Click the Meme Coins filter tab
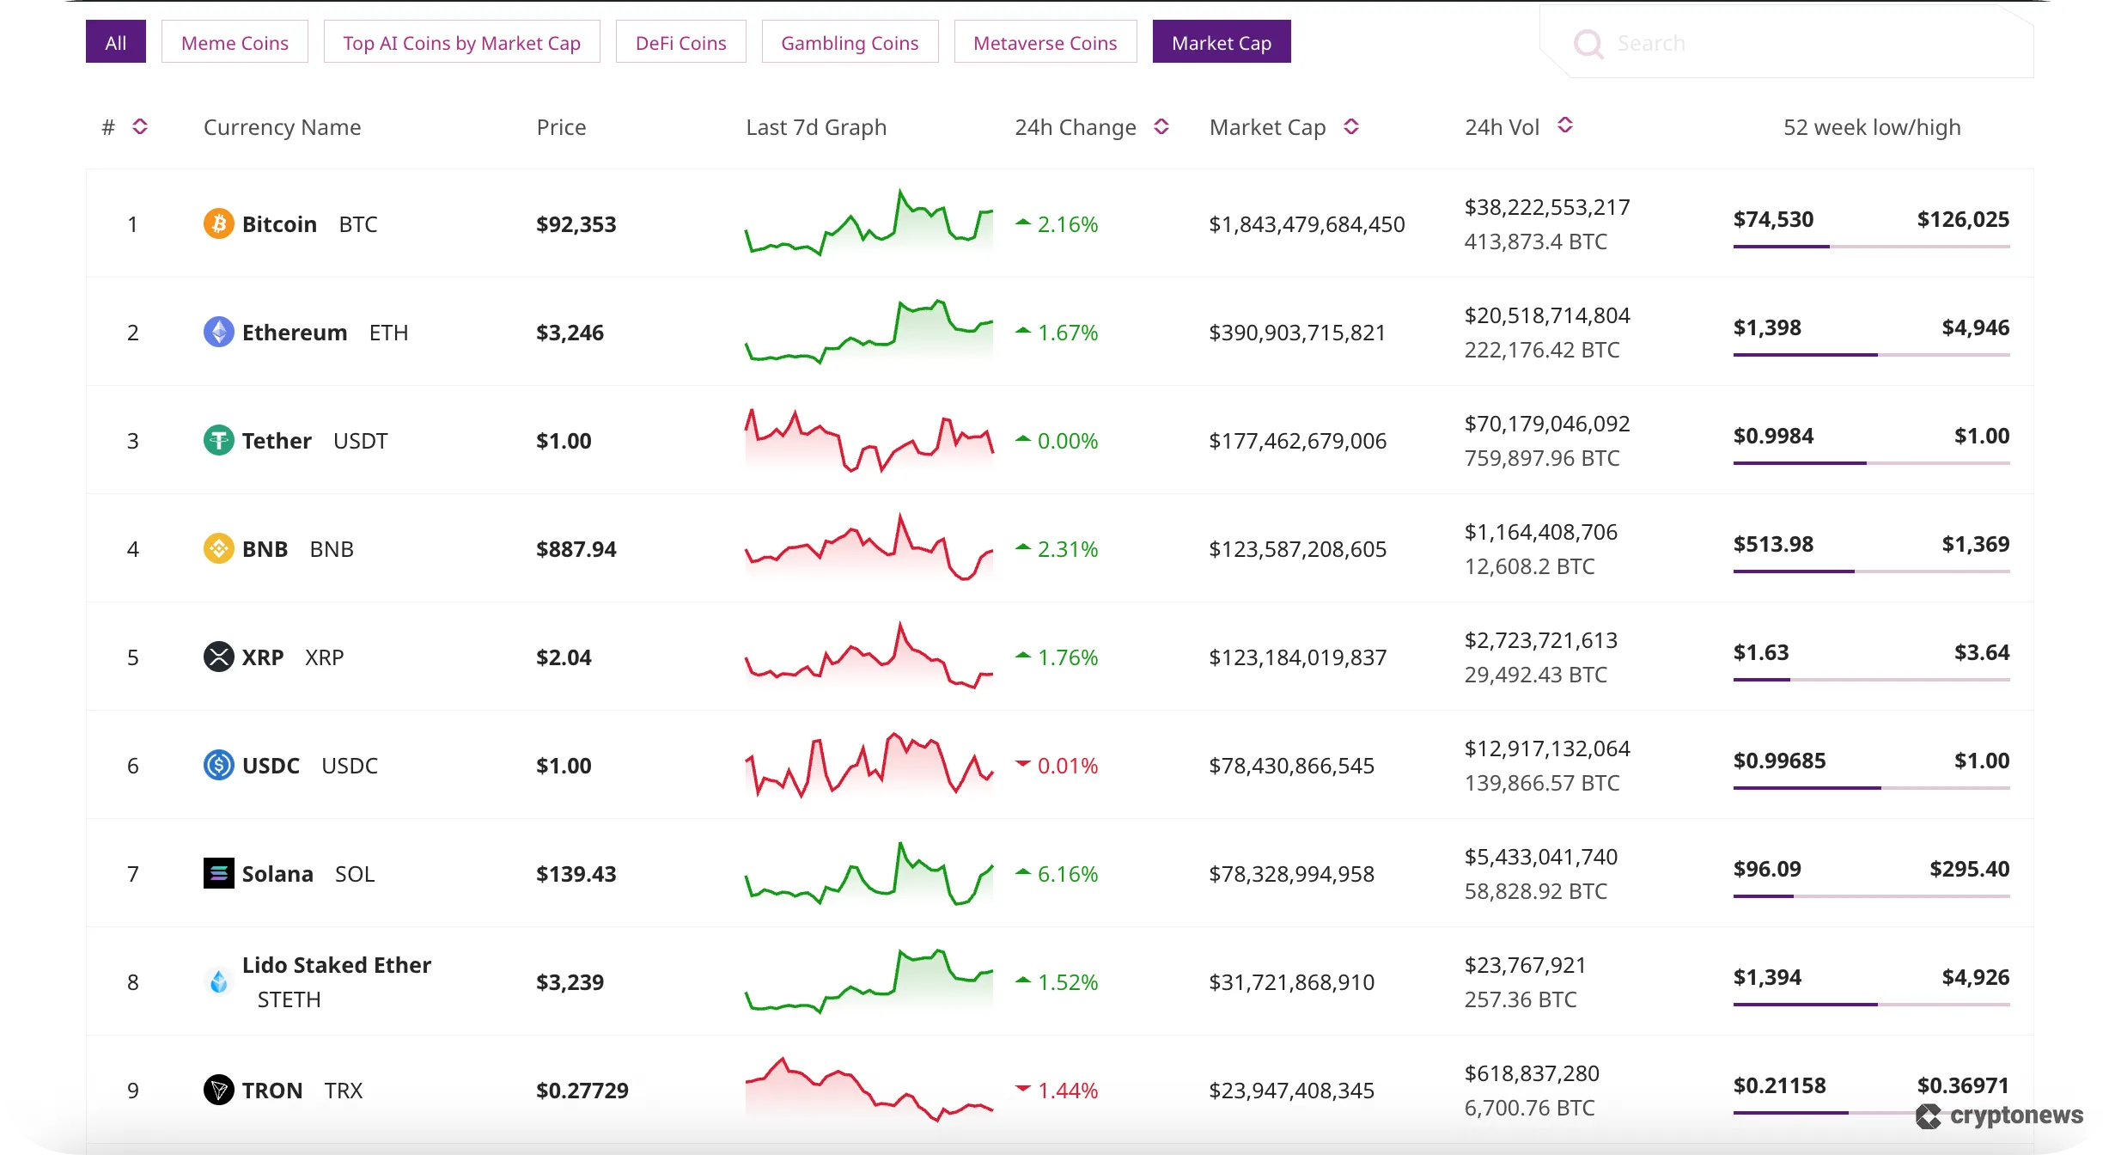235,42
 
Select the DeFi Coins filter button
680,42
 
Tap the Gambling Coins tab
850,42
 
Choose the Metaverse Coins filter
1045,42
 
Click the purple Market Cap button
1221,42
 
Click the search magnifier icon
1588,43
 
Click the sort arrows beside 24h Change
1161,127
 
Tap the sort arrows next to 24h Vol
1565,125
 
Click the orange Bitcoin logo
218,224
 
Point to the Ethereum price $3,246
570,333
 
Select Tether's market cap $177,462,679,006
1297,441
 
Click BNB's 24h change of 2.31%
1067,549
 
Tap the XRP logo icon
218,657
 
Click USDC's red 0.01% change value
1067,766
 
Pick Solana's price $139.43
576,874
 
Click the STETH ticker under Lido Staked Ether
289,999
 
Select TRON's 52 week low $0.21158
1779,1085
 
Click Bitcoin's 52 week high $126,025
1963,219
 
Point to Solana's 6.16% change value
1067,874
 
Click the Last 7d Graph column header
815,127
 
